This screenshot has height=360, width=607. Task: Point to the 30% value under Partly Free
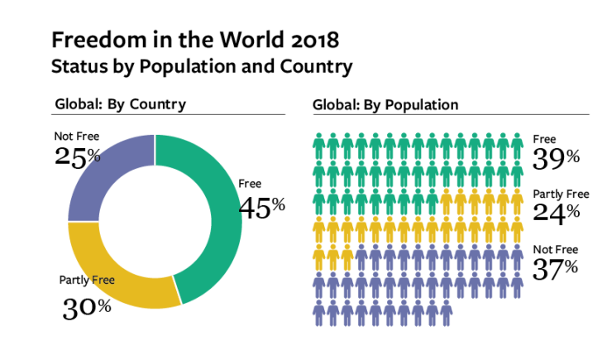click(86, 307)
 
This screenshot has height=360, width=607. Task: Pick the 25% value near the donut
click(78, 156)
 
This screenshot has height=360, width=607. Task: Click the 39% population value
click(556, 156)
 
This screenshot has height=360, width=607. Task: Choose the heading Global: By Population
click(385, 105)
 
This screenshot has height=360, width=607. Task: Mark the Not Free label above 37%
click(555, 250)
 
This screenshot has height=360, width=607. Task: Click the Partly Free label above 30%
click(86, 280)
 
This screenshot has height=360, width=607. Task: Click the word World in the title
click(229, 39)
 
